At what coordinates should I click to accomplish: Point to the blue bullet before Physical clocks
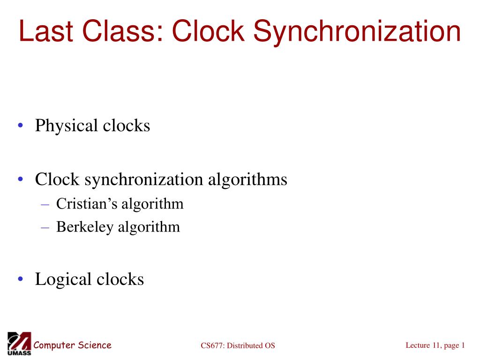coord(21,126)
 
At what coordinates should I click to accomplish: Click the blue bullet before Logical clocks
coord(21,279)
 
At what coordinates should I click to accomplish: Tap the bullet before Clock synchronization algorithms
coord(21,180)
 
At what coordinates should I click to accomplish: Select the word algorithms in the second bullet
coord(247,180)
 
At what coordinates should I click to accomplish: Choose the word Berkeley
coord(85,227)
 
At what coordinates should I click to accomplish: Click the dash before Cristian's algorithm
coord(45,204)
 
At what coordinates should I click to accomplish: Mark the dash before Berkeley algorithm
coord(45,227)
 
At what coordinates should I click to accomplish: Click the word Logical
coord(64,279)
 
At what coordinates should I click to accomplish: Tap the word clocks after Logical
coord(120,279)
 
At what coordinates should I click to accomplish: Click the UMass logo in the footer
coord(19,344)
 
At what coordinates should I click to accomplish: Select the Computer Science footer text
coord(72,345)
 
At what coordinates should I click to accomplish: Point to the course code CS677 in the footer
coord(212,346)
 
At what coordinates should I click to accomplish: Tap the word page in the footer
coord(451,346)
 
